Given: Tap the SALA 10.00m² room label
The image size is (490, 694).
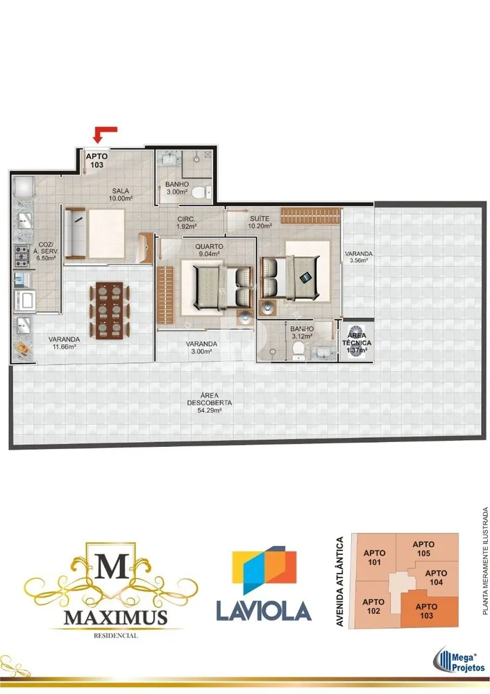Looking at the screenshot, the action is [120, 195].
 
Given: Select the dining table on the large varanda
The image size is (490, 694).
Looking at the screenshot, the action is [110, 310].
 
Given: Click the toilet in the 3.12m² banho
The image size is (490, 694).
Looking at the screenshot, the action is [298, 350].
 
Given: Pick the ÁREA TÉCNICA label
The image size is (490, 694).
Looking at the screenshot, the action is [357, 339].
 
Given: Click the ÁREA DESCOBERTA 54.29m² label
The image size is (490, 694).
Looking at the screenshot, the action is [210, 403].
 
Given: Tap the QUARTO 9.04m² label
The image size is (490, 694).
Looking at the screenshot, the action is [209, 250].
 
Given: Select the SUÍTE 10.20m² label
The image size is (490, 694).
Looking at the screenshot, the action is [260, 222].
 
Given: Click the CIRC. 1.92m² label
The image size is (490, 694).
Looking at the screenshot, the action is [186, 223].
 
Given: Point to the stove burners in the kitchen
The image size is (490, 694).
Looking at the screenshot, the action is [22, 256].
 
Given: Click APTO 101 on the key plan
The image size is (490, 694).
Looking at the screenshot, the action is [375, 558].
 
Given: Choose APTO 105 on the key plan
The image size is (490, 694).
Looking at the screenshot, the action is [423, 549].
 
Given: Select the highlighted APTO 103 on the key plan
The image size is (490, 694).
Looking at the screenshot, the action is [427, 611].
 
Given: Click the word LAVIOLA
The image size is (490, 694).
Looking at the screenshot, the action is [264, 611].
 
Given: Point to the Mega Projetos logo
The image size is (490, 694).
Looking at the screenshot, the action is [459, 659].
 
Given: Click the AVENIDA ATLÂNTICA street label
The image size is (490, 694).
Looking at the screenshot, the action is [340, 581].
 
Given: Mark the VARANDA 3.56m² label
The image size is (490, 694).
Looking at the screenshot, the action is [359, 257].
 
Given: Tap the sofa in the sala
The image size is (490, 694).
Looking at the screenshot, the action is [76, 233].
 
